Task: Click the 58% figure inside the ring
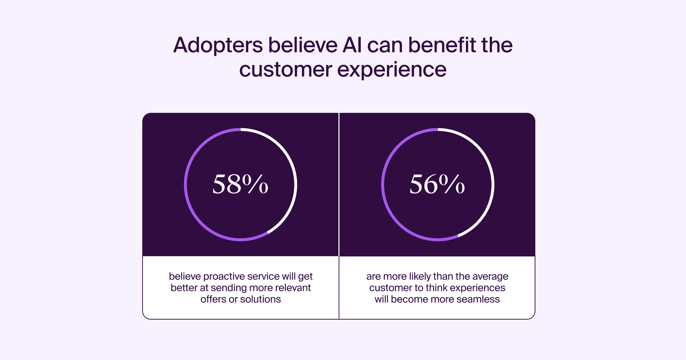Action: click(240, 184)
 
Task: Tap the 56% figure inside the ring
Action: click(437, 184)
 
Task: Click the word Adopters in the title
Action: click(218, 46)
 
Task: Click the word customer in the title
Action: click(286, 69)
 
